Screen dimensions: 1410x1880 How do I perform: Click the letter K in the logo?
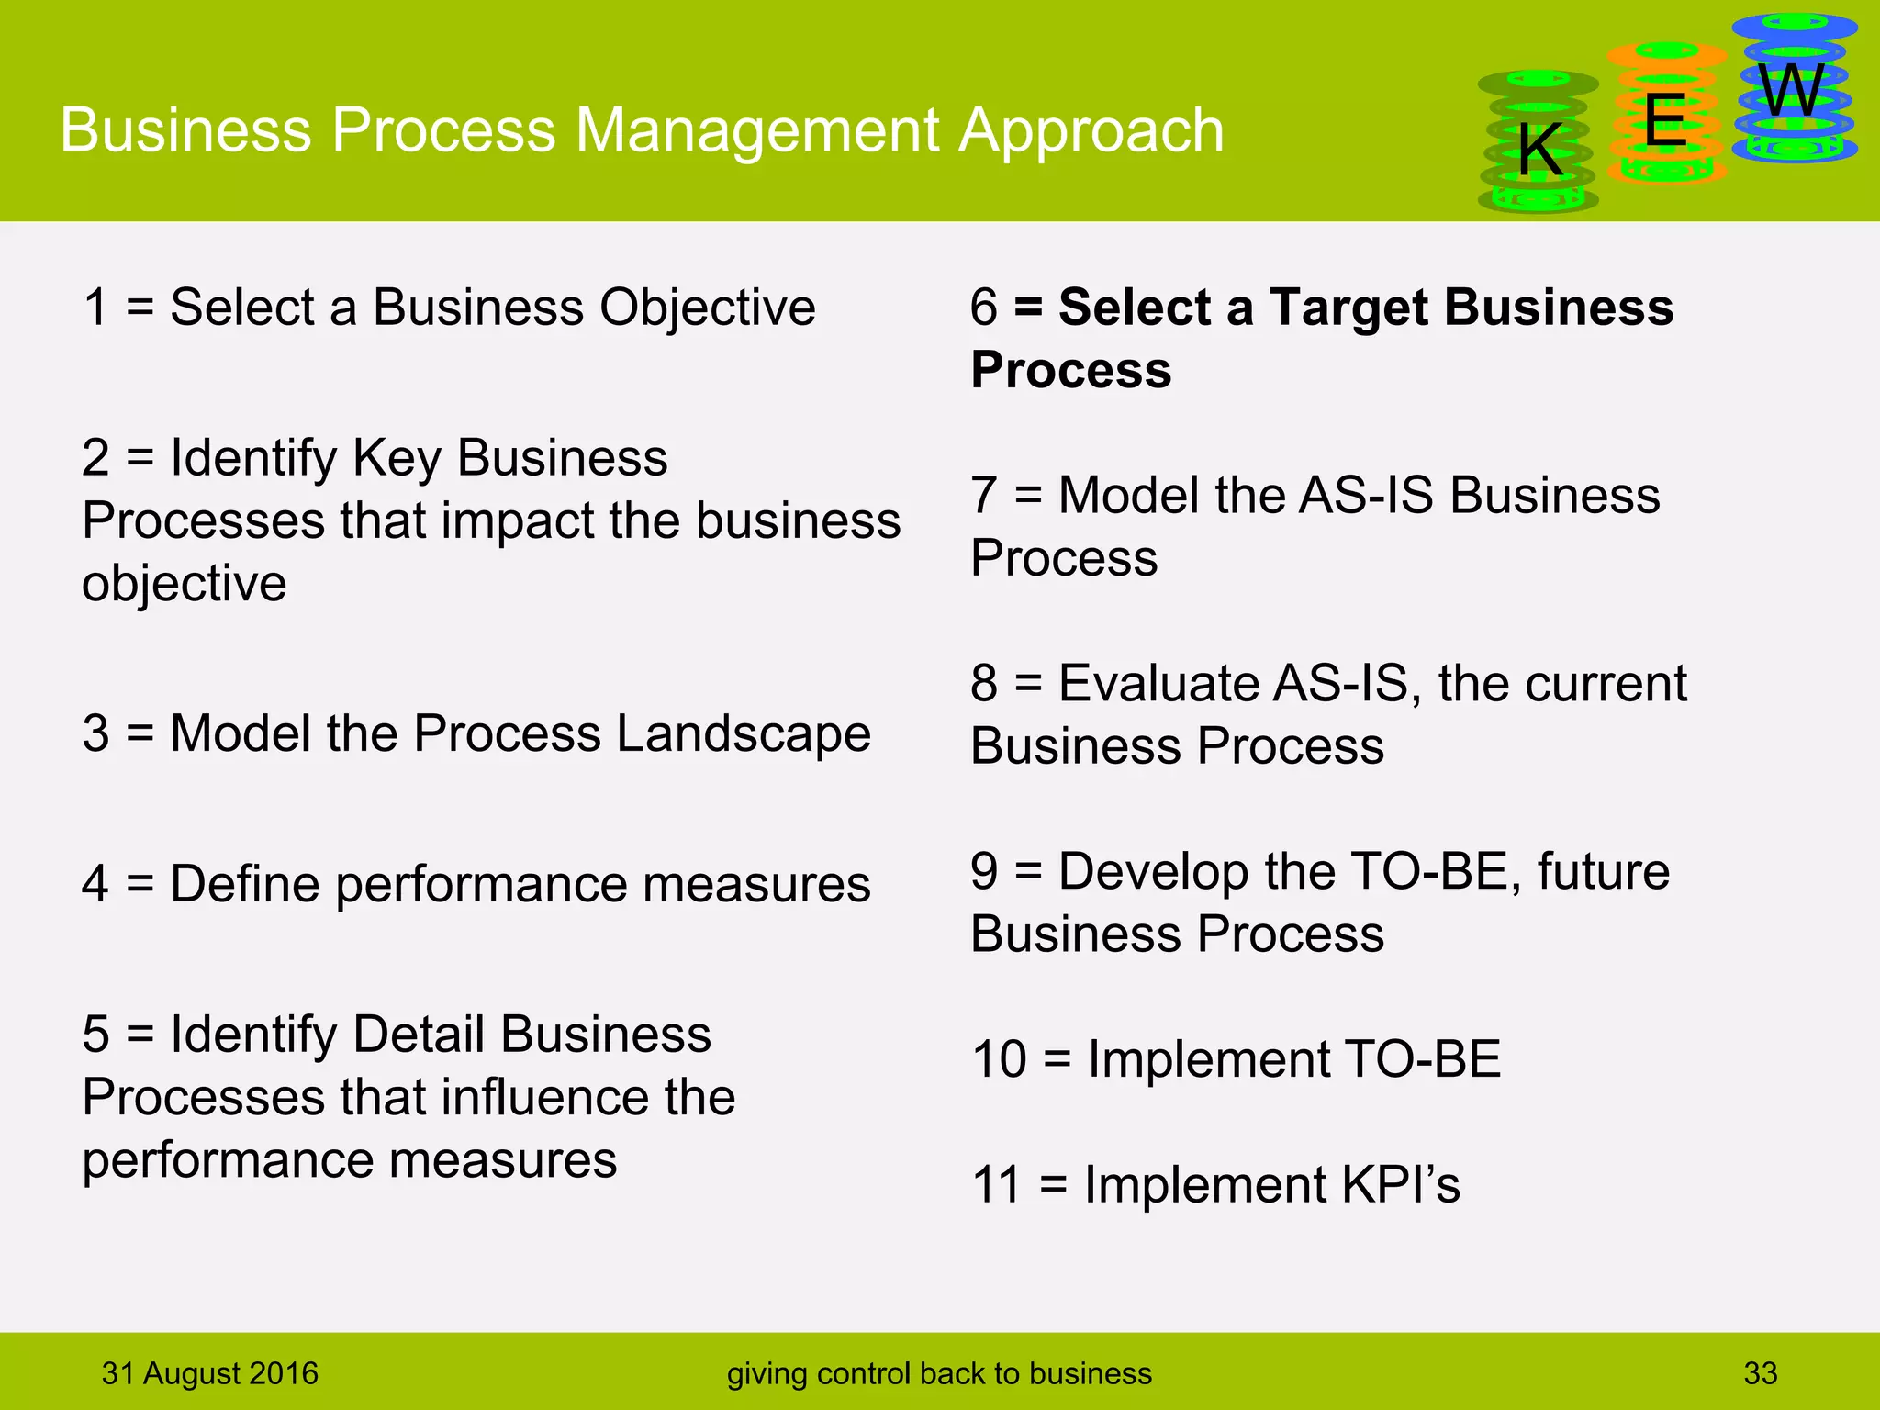coord(1539,150)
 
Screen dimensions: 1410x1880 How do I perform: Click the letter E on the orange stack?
coord(1665,120)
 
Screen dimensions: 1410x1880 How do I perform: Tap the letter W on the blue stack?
coord(1791,91)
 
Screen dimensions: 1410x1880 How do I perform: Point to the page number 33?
coord(1760,1373)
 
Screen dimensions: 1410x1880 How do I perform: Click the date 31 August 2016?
coord(209,1373)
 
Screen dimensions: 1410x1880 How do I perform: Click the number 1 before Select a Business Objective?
coord(95,307)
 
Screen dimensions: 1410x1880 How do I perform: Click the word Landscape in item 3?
coord(744,733)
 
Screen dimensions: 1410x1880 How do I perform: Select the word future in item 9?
coord(1603,871)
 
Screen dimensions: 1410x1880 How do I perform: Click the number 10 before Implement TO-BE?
coord(999,1059)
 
